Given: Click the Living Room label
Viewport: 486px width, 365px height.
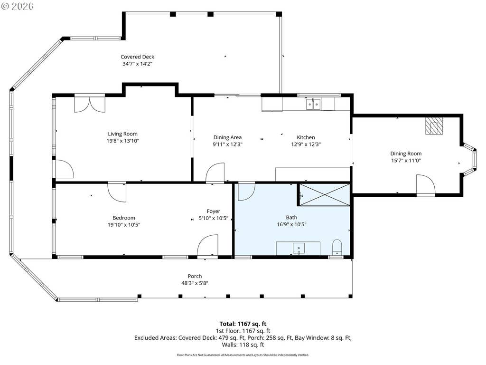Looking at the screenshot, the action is [123, 134].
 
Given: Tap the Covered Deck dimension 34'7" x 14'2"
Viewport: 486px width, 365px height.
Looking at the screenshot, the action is [137, 64].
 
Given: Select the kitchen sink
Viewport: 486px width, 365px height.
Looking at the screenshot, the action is [313, 104].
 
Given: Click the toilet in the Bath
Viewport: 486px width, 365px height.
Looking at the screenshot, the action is [337, 247].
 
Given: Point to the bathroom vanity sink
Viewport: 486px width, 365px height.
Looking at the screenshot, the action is [299, 249].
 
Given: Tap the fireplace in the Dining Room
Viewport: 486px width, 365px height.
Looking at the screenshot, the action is [434, 125].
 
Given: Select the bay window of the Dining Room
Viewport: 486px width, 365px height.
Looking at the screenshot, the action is [470, 159].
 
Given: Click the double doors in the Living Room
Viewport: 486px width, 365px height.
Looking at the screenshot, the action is [90, 104].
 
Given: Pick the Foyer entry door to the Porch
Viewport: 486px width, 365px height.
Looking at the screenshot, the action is [207, 247].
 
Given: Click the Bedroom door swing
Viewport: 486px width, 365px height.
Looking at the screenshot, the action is [117, 192].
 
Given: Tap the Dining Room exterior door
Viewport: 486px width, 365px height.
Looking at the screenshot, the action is [426, 185].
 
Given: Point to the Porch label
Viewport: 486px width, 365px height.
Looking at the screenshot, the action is [195, 276].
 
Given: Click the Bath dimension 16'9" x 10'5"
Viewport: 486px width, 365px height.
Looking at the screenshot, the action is [291, 224].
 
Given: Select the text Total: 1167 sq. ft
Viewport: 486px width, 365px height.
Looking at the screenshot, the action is [243, 324].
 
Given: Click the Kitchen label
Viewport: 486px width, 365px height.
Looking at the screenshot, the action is [306, 137].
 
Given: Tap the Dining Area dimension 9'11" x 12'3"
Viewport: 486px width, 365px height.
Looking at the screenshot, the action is [227, 144].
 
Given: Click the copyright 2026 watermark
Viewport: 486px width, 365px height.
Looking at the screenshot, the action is [18, 6].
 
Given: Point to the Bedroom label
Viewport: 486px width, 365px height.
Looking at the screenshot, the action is [124, 218].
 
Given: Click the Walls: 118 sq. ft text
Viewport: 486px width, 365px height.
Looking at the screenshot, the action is [243, 345].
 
